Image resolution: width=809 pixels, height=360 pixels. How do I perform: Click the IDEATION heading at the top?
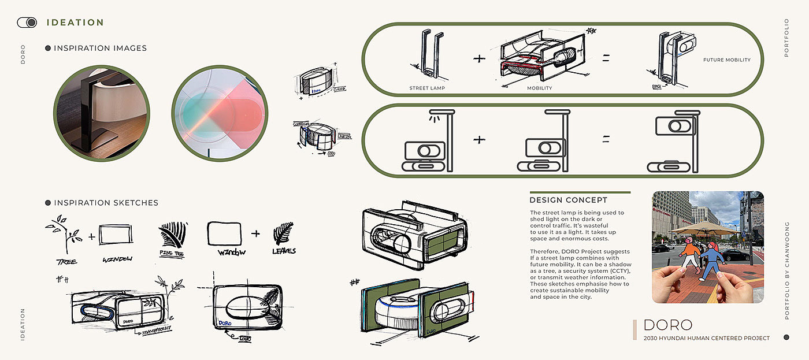point(75,23)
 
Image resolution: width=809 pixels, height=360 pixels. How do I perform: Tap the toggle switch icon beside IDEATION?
point(27,23)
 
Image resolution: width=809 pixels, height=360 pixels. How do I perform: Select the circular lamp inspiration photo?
point(102,113)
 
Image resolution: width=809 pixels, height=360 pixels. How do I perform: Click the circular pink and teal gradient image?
point(220,113)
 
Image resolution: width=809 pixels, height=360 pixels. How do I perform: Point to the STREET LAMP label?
point(426,88)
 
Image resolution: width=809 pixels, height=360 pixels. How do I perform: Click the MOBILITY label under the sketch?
point(539,88)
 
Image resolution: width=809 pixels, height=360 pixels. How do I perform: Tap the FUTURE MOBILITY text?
point(726,60)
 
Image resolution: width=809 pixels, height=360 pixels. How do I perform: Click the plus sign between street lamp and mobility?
point(479,58)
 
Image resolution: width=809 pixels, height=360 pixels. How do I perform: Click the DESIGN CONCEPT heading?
point(568,201)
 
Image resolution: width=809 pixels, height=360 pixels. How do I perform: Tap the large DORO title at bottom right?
point(667,325)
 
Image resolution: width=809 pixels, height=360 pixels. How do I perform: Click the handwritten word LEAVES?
point(284,251)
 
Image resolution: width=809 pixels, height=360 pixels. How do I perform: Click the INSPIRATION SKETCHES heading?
point(106,203)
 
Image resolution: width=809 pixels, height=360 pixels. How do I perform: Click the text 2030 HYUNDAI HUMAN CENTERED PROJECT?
point(706,338)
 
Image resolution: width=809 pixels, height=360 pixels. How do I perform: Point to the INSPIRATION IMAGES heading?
point(100,49)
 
